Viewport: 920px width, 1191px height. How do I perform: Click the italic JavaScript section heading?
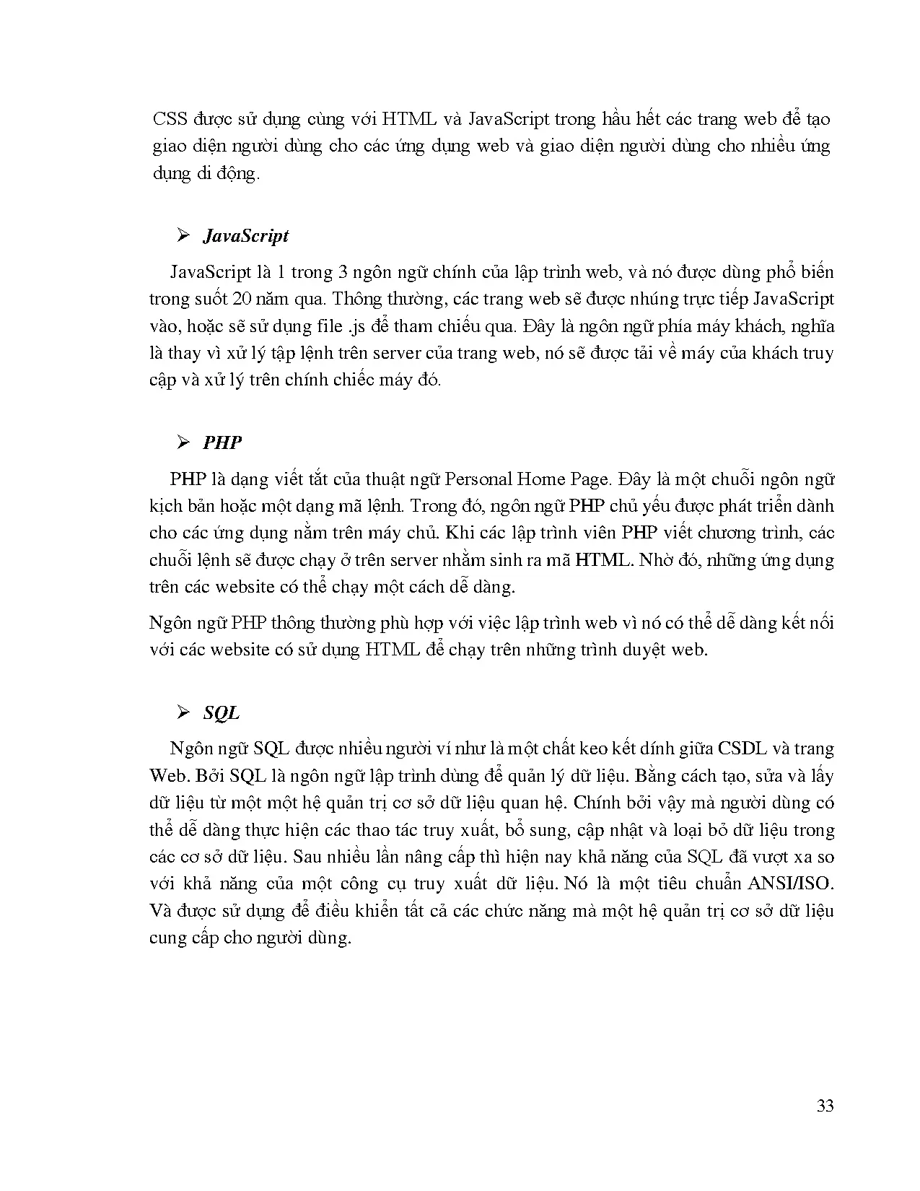tap(245, 236)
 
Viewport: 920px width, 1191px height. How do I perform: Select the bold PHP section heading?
tap(222, 442)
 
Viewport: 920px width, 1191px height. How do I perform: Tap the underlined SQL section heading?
tap(221, 713)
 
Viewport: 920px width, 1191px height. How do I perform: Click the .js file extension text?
tap(356, 326)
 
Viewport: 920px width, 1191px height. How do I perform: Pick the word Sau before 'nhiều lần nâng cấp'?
tap(308, 857)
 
